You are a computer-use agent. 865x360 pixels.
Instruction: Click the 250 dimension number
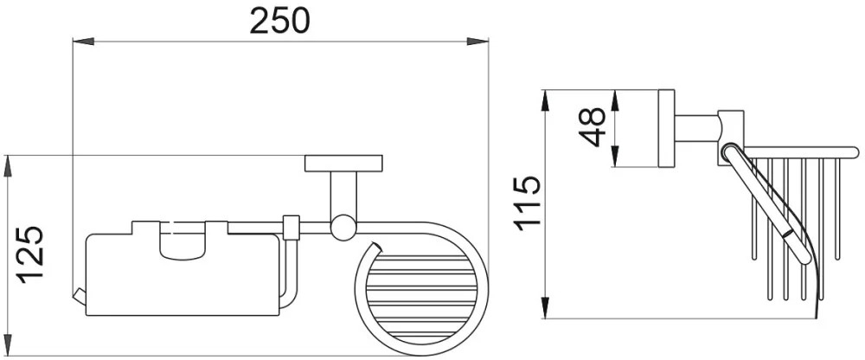click(x=279, y=22)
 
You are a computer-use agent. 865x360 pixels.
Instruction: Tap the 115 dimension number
click(x=525, y=202)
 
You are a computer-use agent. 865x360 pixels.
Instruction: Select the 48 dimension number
click(x=593, y=127)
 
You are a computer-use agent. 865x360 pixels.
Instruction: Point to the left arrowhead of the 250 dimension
click(x=83, y=42)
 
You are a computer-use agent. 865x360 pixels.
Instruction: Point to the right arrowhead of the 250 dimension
click(x=477, y=42)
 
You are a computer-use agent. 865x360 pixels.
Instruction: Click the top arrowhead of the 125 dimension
click(x=8, y=166)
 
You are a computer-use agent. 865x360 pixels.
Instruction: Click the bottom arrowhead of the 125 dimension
click(x=8, y=345)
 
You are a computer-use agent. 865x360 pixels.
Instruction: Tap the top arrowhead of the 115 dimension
click(x=546, y=100)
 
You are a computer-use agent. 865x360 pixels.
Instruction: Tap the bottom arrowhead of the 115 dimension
click(x=546, y=307)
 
